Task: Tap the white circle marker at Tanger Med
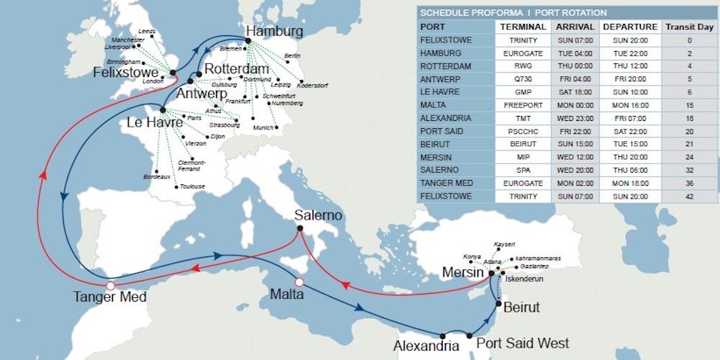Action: pyautogui.click(x=110, y=286)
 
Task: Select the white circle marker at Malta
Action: pyautogui.click(x=300, y=282)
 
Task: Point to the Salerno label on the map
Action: pyautogui.click(x=318, y=216)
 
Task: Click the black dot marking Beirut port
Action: pyautogui.click(x=498, y=304)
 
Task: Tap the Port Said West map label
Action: pyautogui.click(x=523, y=343)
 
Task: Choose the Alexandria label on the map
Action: pyautogui.click(x=426, y=346)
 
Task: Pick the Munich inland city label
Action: pyautogui.click(x=264, y=127)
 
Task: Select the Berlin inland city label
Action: pyautogui.click(x=292, y=55)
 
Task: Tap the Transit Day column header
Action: pyautogui.click(x=689, y=27)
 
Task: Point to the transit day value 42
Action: pyautogui.click(x=689, y=197)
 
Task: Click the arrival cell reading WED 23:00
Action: pyautogui.click(x=574, y=118)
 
